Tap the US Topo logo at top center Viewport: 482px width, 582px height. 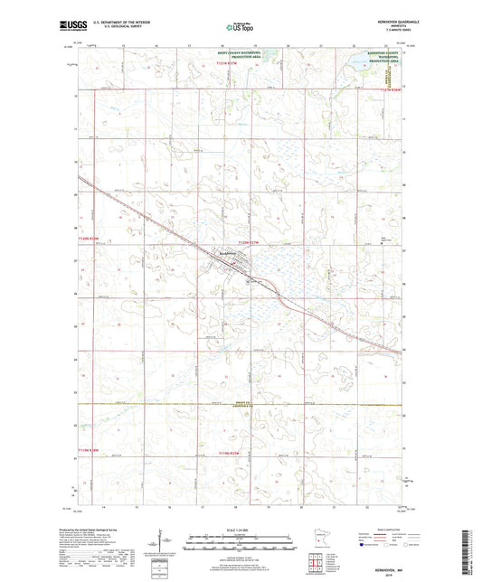click(x=237, y=27)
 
